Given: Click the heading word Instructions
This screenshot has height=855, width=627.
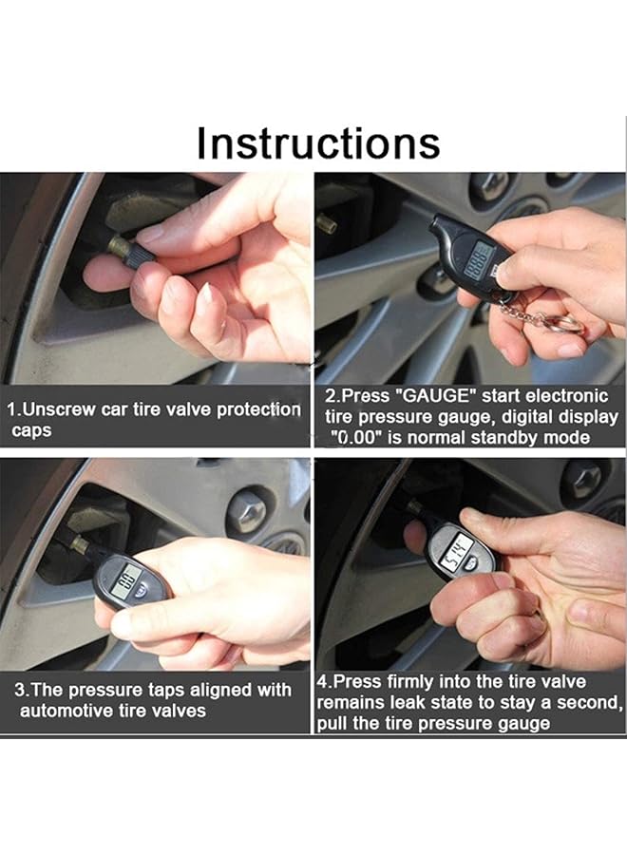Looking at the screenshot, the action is coord(318,142).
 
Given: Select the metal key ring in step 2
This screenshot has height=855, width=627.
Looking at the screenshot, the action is coord(568,326).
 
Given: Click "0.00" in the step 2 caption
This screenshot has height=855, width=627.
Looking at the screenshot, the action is coord(355,437).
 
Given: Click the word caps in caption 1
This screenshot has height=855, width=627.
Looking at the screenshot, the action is coord(31,430).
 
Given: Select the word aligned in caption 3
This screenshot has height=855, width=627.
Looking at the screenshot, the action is coord(218,691).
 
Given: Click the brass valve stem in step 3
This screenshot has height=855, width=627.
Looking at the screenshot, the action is coord(79,542).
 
